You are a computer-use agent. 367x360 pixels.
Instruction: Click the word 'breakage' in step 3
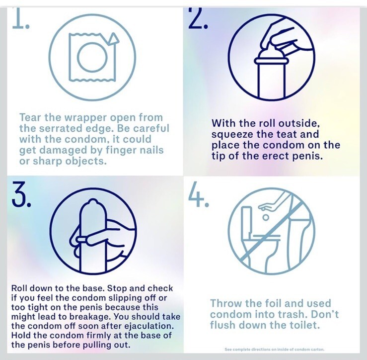coord(91,317)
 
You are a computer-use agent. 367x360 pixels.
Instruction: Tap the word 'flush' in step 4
coord(222,325)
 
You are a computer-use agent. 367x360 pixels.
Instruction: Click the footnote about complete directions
coord(274,350)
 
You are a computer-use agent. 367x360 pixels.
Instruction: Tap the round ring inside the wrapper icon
coord(92,57)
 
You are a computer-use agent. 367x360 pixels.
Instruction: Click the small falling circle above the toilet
coord(265,217)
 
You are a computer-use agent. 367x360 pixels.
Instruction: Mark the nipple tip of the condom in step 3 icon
coord(93,200)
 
